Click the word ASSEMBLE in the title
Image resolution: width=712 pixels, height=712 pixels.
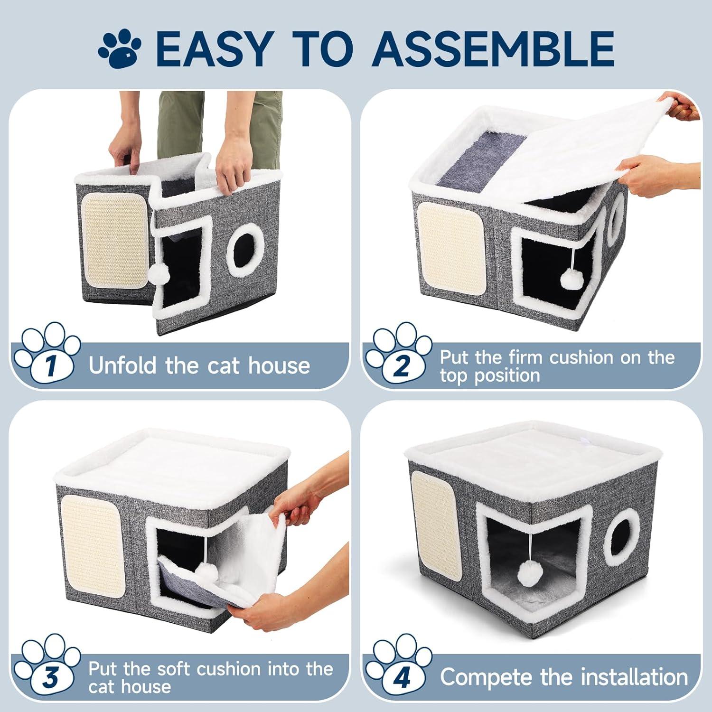pos(494,48)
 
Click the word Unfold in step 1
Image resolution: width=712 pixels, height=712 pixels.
pos(123,365)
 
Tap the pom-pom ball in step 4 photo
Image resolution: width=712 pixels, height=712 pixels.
pos(529,573)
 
